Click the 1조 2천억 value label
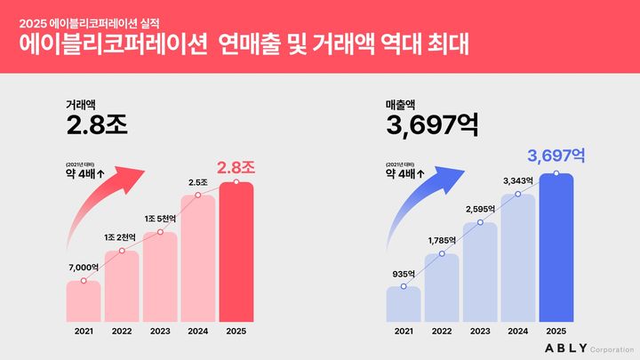[x=122, y=236]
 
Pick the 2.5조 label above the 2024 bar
[x=197, y=182]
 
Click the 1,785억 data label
[x=442, y=240]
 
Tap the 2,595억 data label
[x=480, y=209]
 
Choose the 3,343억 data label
[x=517, y=180]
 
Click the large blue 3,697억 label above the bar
[x=556, y=156]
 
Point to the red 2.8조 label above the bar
[x=236, y=166]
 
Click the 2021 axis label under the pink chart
[x=84, y=332]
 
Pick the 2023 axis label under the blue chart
[x=480, y=332]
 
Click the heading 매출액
[x=402, y=103]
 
